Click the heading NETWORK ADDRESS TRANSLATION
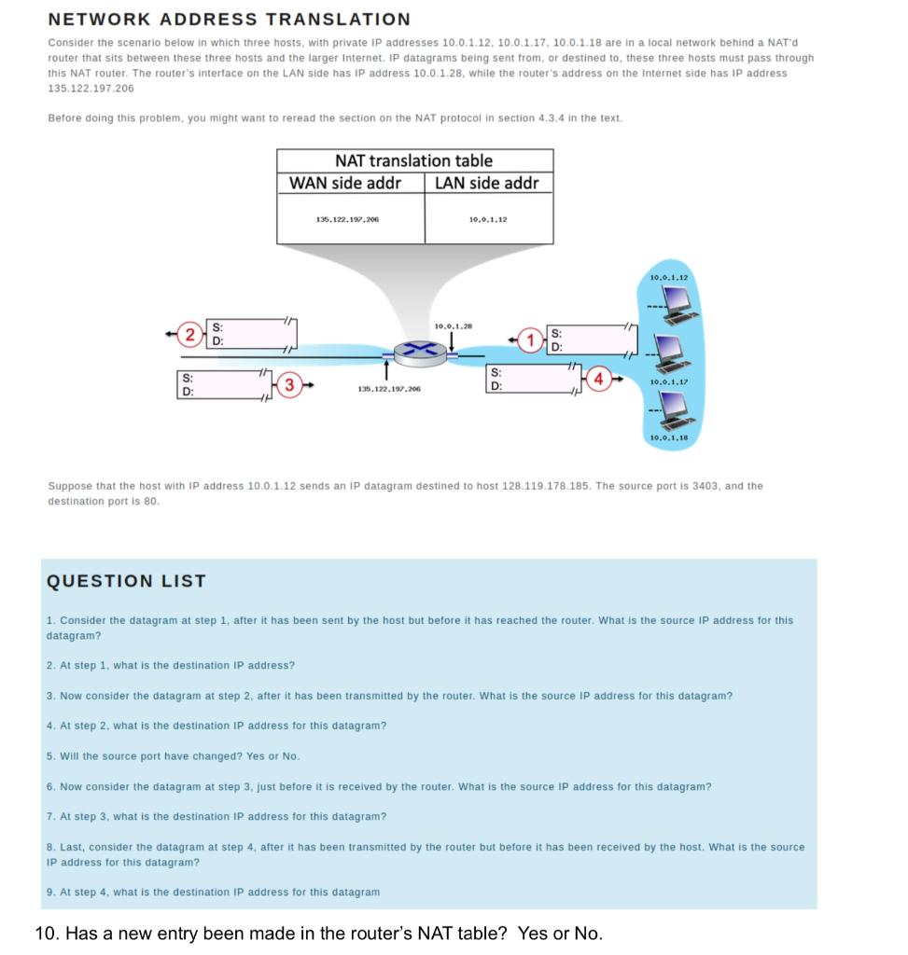click(229, 19)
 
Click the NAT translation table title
click(413, 160)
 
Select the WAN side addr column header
click(345, 183)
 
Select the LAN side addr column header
click(486, 183)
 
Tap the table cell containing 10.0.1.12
click(487, 219)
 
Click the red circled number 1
click(533, 340)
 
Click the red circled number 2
click(190, 334)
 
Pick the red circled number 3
click(290, 383)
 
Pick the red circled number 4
click(600, 379)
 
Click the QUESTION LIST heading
click(126, 581)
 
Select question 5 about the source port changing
click(174, 755)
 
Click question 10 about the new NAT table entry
click(318, 934)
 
